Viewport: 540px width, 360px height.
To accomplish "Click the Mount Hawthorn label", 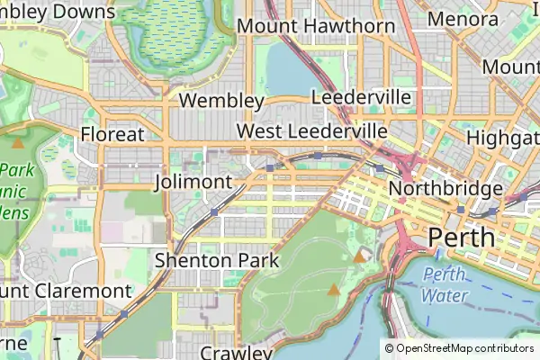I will pyautogui.click(x=316, y=26).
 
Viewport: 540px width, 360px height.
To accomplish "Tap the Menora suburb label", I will pyautogui.click(x=463, y=19).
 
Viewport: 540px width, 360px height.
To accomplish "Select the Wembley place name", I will pyautogui.click(x=221, y=100).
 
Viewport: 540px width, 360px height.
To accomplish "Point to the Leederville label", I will pyautogui.click(x=361, y=97).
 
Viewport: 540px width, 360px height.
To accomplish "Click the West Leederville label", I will pyautogui.click(x=311, y=131).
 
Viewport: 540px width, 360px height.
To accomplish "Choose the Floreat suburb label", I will pyautogui.click(x=112, y=134).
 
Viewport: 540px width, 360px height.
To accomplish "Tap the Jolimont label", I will pyautogui.click(x=193, y=182).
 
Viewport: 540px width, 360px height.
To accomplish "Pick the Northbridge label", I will pyautogui.click(x=445, y=189).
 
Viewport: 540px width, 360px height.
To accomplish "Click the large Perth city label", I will pyautogui.click(x=462, y=238).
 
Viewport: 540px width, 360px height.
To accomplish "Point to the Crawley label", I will pyautogui.click(x=236, y=352).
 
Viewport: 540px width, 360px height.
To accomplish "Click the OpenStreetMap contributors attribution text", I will pyautogui.click(x=459, y=348).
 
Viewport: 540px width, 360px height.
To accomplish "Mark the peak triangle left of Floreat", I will pyautogui.click(x=18, y=141).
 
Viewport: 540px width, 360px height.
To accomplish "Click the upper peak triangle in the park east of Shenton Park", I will pyautogui.click(x=360, y=256).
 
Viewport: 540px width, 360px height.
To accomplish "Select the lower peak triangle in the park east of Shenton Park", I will pyautogui.click(x=335, y=290).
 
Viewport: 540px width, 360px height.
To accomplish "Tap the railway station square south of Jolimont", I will pyautogui.click(x=214, y=211).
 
